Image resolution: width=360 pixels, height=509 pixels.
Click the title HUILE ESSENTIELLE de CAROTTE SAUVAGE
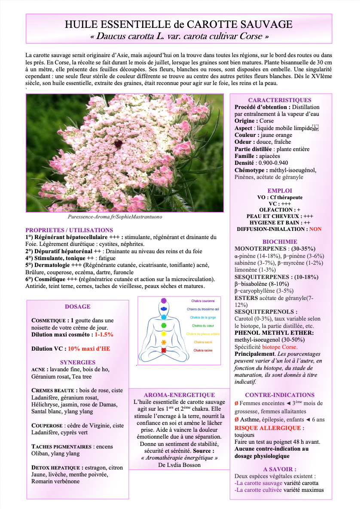click(x=179, y=24)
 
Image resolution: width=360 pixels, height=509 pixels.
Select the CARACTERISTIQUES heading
click(x=280, y=100)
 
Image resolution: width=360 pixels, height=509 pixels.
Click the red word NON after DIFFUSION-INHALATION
click(x=315, y=229)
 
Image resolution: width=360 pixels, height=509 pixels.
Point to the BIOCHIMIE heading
click(x=280, y=242)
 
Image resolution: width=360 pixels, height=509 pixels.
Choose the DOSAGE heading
click(x=78, y=306)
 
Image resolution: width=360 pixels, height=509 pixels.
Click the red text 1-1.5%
click(x=104, y=334)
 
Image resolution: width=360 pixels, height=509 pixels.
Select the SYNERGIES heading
click(x=78, y=362)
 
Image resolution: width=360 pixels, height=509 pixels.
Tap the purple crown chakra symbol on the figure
click(x=163, y=301)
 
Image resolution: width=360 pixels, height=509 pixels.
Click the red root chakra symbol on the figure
click(x=163, y=350)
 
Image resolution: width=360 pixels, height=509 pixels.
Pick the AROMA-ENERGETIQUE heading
click(x=179, y=395)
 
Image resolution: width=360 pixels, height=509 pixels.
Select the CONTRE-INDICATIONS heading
click(x=280, y=395)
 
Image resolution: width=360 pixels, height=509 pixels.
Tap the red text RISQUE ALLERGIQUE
click(x=269, y=428)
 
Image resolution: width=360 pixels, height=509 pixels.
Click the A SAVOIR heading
click(x=280, y=469)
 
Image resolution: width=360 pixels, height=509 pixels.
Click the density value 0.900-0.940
click(x=273, y=163)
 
